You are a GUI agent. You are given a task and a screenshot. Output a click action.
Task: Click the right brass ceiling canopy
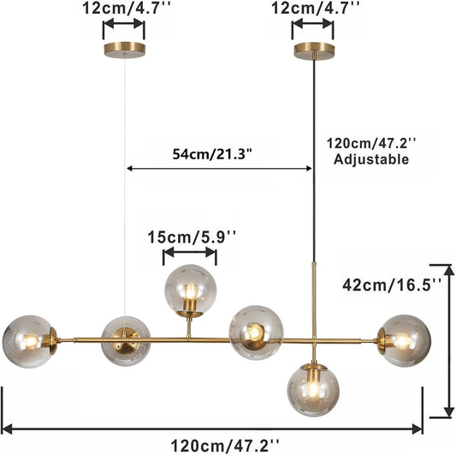click(313, 50)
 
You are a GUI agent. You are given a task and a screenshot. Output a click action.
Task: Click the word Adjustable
click(371, 159)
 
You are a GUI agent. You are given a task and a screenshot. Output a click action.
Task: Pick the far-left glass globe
click(27, 340)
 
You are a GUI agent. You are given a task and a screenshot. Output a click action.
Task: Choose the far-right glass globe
click(403, 340)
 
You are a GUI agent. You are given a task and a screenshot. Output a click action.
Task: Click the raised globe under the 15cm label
click(190, 290)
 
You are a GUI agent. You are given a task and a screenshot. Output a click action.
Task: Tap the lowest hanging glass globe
click(313, 389)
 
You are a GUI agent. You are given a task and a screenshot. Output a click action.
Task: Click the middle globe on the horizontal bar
click(255, 330)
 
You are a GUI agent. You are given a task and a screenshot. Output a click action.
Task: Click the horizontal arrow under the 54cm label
click(219, 169)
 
